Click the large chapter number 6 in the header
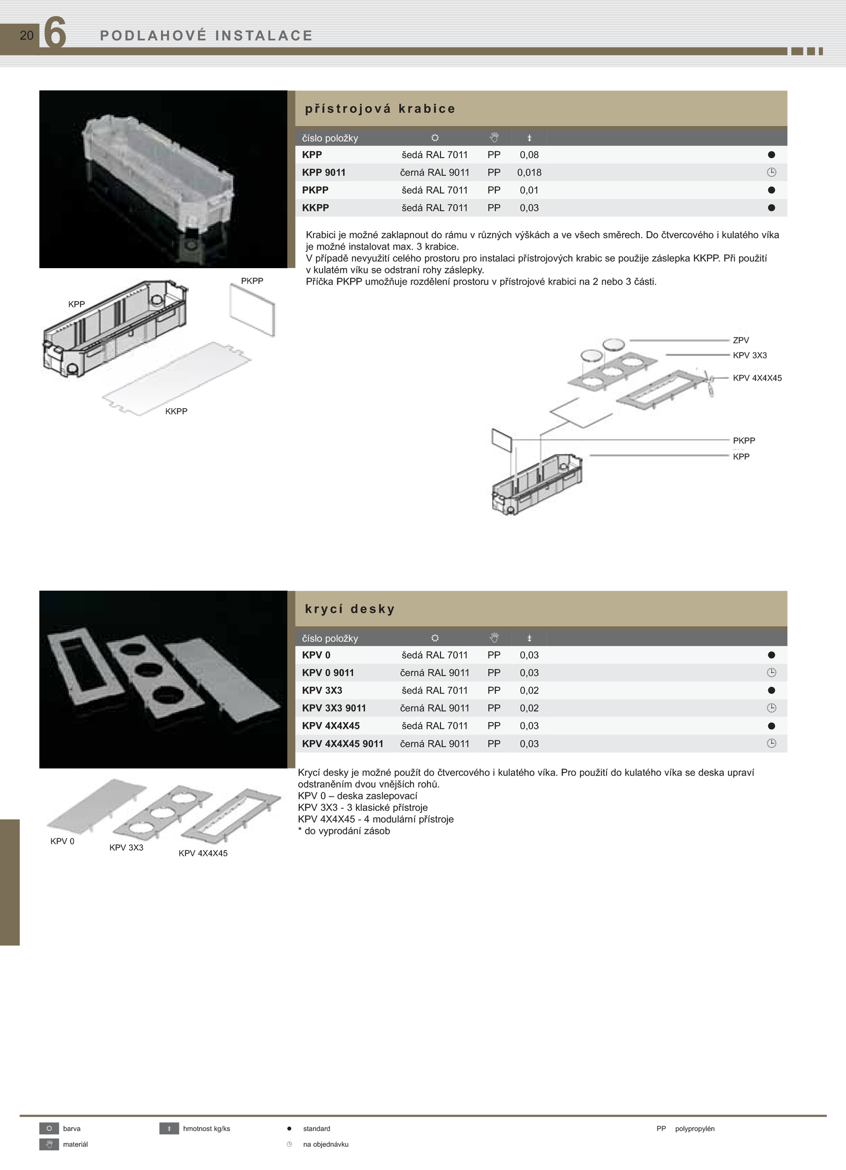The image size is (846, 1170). pos(54,33)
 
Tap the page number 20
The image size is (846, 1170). pos(26,35)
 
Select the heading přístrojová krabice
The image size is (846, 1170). pos(380,109)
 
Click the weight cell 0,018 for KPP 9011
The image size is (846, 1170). pos(529,172)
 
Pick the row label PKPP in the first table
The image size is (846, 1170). pos(315,190)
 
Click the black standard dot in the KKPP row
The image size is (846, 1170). pos(771,208)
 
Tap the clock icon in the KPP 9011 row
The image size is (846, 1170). pos(771,172)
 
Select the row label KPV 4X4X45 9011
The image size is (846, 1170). pos(343,744)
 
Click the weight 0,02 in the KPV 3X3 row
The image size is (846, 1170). pos(529,690)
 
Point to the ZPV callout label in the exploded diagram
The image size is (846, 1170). pos(741,341)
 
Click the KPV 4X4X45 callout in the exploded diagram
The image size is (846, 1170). pos(757,378)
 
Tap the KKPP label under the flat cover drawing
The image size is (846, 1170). pos(176,412)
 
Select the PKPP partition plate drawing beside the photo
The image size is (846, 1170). pos(252,310)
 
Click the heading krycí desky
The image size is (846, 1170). pos(350,609)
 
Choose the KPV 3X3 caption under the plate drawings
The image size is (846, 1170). pos(126,847)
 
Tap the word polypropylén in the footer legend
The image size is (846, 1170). pos(695,1128)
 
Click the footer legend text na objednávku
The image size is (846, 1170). pos(326,1144)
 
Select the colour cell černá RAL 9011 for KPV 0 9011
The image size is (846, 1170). pos(435,673)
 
